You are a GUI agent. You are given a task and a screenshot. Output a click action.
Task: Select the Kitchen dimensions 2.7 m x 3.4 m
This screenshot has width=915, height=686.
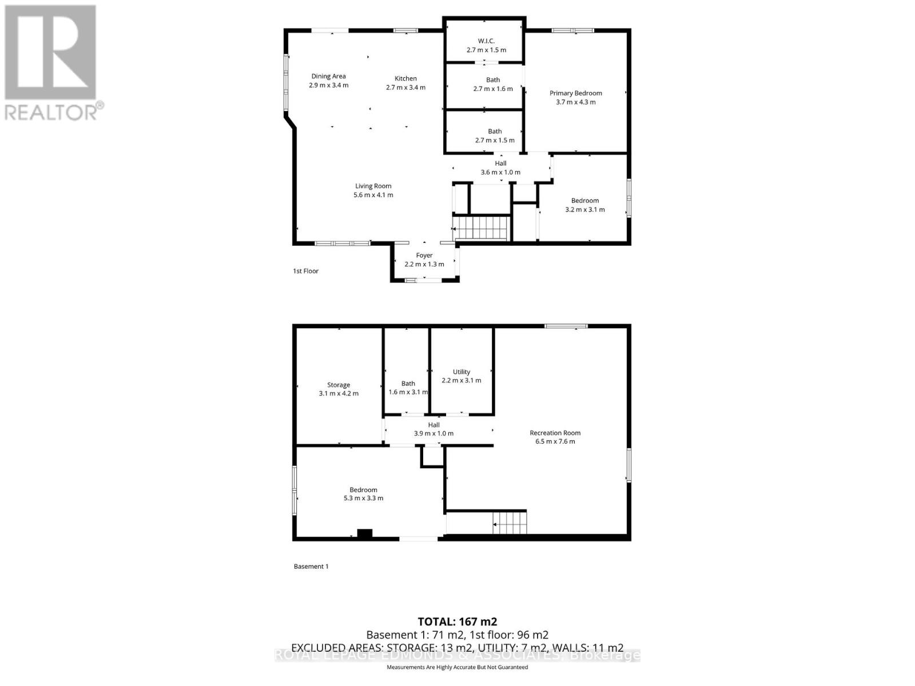coord(405,87)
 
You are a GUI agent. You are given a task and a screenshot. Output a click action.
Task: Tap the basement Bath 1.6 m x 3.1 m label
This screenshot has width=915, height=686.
coord(408,388)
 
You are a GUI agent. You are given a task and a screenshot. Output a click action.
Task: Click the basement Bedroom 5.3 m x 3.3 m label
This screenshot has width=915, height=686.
coord(363,493)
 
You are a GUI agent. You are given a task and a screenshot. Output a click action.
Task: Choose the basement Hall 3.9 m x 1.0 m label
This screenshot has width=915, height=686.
coord(433,429)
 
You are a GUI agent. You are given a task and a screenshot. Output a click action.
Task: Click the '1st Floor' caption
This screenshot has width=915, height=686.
coord(305,271)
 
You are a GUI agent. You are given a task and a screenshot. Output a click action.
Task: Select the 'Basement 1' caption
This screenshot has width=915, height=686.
coord(311,567)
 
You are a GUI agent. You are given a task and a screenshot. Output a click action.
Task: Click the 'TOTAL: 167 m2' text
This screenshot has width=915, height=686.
coord(457,621)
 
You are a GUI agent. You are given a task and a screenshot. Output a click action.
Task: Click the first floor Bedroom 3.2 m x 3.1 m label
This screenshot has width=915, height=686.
coord(584,205)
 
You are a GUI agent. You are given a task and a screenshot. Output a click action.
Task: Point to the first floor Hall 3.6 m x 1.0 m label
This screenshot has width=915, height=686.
coord(500,167)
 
